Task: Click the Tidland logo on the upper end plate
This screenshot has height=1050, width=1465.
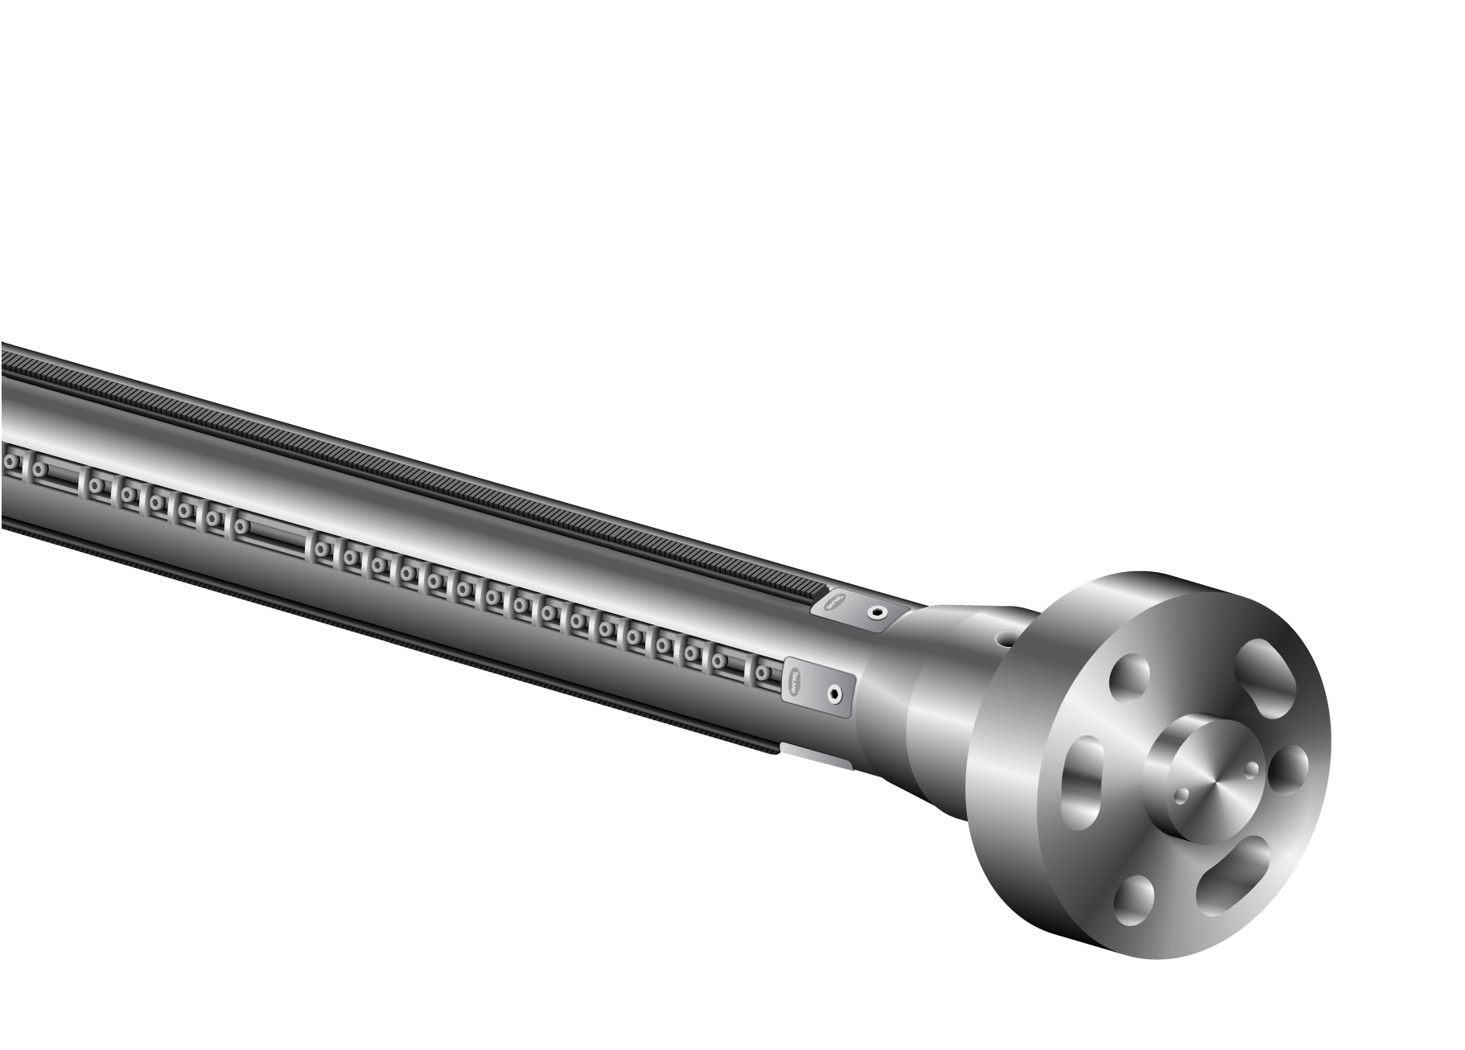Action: (x=836, y=601)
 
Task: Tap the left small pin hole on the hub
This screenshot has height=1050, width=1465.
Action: (x=1180, y=796)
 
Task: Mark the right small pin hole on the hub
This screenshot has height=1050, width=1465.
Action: (x=1249, y=770)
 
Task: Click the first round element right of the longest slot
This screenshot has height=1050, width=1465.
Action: (x=323, y=550)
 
